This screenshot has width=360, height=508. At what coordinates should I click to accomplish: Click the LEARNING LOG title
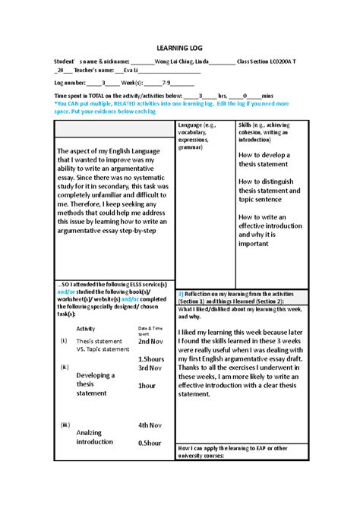[x=179, y=47]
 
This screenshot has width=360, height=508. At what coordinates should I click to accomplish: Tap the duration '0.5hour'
[x=149, y=443]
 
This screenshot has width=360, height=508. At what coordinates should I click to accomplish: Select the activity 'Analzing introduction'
[x=94, y=437]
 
